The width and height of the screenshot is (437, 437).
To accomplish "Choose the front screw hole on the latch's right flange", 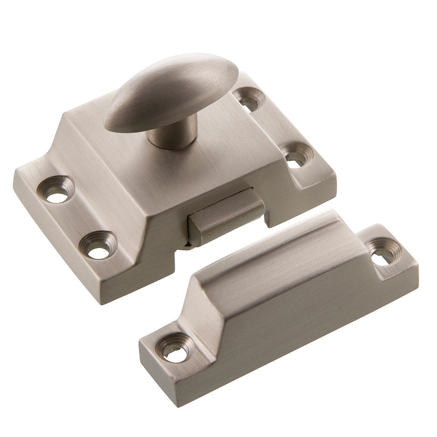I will point(297,155).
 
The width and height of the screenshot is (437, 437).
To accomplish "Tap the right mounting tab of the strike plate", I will point(387,256).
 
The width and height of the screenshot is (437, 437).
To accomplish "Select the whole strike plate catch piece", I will point(280,306).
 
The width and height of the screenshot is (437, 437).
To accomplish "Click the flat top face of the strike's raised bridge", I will point(271,245).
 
